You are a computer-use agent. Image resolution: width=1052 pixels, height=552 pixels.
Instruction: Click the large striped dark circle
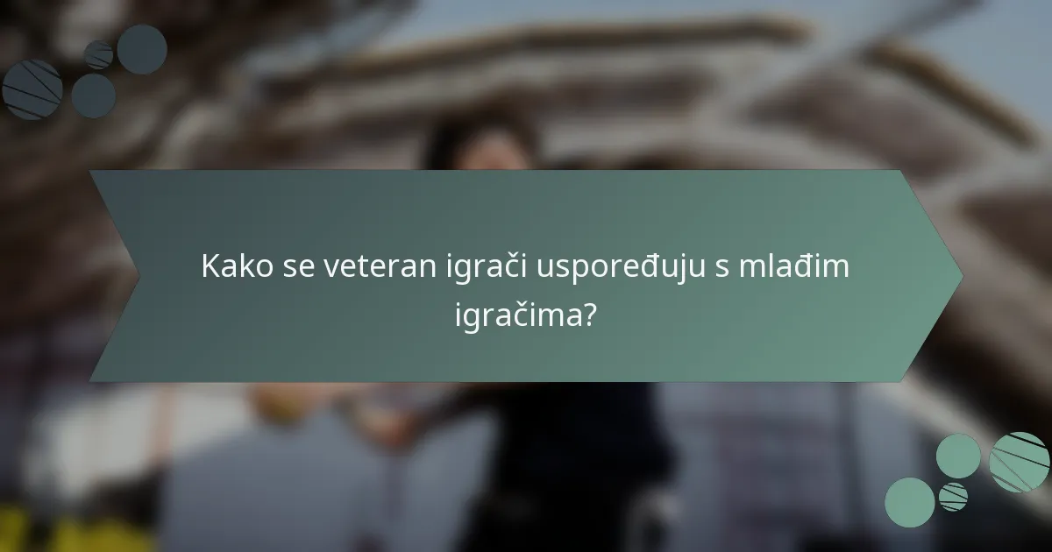click(32, 89)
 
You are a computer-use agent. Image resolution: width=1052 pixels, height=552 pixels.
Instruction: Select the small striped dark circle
click(98, 55)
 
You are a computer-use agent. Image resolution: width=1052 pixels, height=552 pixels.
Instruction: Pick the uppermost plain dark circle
click(142, 49)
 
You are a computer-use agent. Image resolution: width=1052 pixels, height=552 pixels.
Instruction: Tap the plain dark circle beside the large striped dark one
click(93, 96)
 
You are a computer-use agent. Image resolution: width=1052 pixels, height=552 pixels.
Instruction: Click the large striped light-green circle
click(1020, 462)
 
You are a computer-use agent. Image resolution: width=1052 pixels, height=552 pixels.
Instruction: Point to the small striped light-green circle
click(954, 496)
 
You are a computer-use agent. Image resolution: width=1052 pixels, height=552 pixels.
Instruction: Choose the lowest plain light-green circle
click(909, 502)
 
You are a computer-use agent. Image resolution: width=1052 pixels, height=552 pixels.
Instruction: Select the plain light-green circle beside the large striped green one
click(958, 456)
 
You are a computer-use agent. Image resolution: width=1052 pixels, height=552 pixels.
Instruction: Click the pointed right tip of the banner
click(961, 276)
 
